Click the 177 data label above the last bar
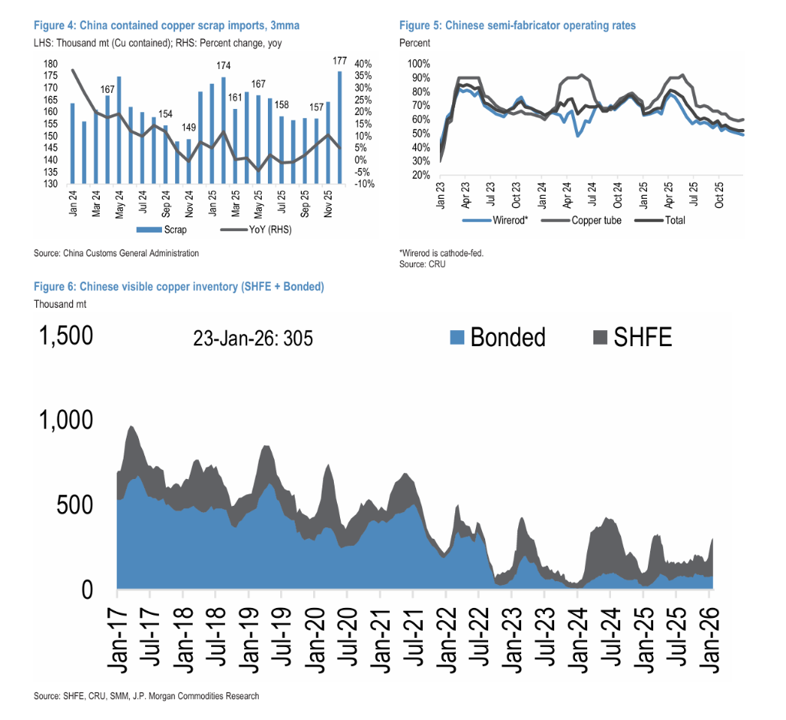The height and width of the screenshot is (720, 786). tap(339, 61)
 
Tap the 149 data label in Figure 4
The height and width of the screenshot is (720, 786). tap(188, 127)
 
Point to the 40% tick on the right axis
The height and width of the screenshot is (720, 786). tap(363, 64)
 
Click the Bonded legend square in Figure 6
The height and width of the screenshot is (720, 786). tap(457, 337)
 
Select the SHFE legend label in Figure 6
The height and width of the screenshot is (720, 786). tap(642, 337)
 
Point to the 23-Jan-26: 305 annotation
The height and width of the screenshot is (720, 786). tap(253, 338)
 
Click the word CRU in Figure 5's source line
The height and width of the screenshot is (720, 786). tap(437, 264)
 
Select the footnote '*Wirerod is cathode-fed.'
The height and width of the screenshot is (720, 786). tap(441, 253)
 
